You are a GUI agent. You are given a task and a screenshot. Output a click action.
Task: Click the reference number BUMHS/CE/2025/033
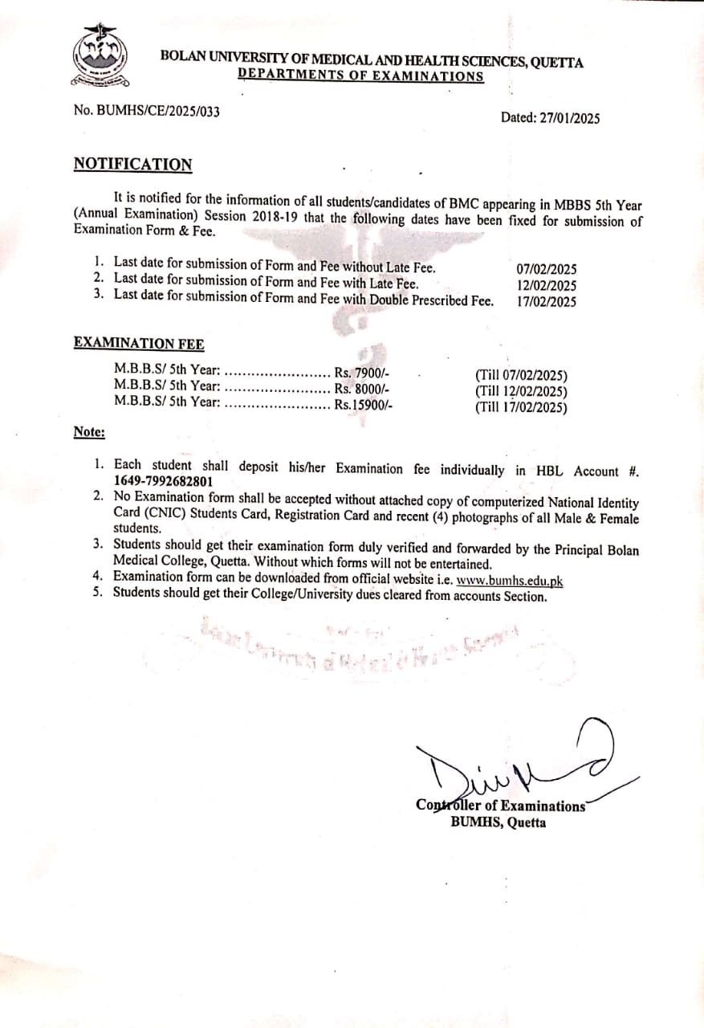pos(158,112)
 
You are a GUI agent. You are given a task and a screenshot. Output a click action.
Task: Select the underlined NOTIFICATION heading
pos(133,165)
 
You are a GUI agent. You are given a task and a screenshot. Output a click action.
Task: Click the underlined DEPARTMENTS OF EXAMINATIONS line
pos(361,76)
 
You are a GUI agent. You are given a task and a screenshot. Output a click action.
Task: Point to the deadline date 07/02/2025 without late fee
pos(546,270)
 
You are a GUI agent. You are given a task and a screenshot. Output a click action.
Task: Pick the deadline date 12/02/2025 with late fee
pos(546,286)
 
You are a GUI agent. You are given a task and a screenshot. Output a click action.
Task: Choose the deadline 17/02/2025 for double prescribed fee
pos(546,302)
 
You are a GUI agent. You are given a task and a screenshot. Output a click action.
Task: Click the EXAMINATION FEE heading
pos(139,344)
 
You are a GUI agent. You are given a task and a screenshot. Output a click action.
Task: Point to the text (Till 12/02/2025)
pos(521,391)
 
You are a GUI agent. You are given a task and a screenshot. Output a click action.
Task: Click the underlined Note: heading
pos(89,432)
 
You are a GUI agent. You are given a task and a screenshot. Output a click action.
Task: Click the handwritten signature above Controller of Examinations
pos(514,763)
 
